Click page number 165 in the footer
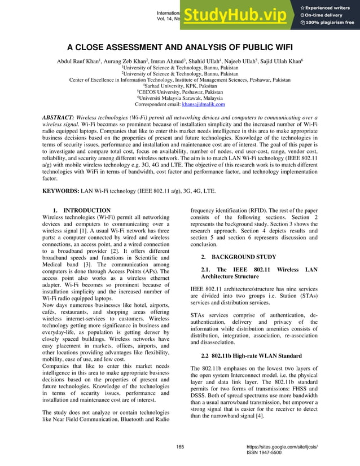coord(180,447)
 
